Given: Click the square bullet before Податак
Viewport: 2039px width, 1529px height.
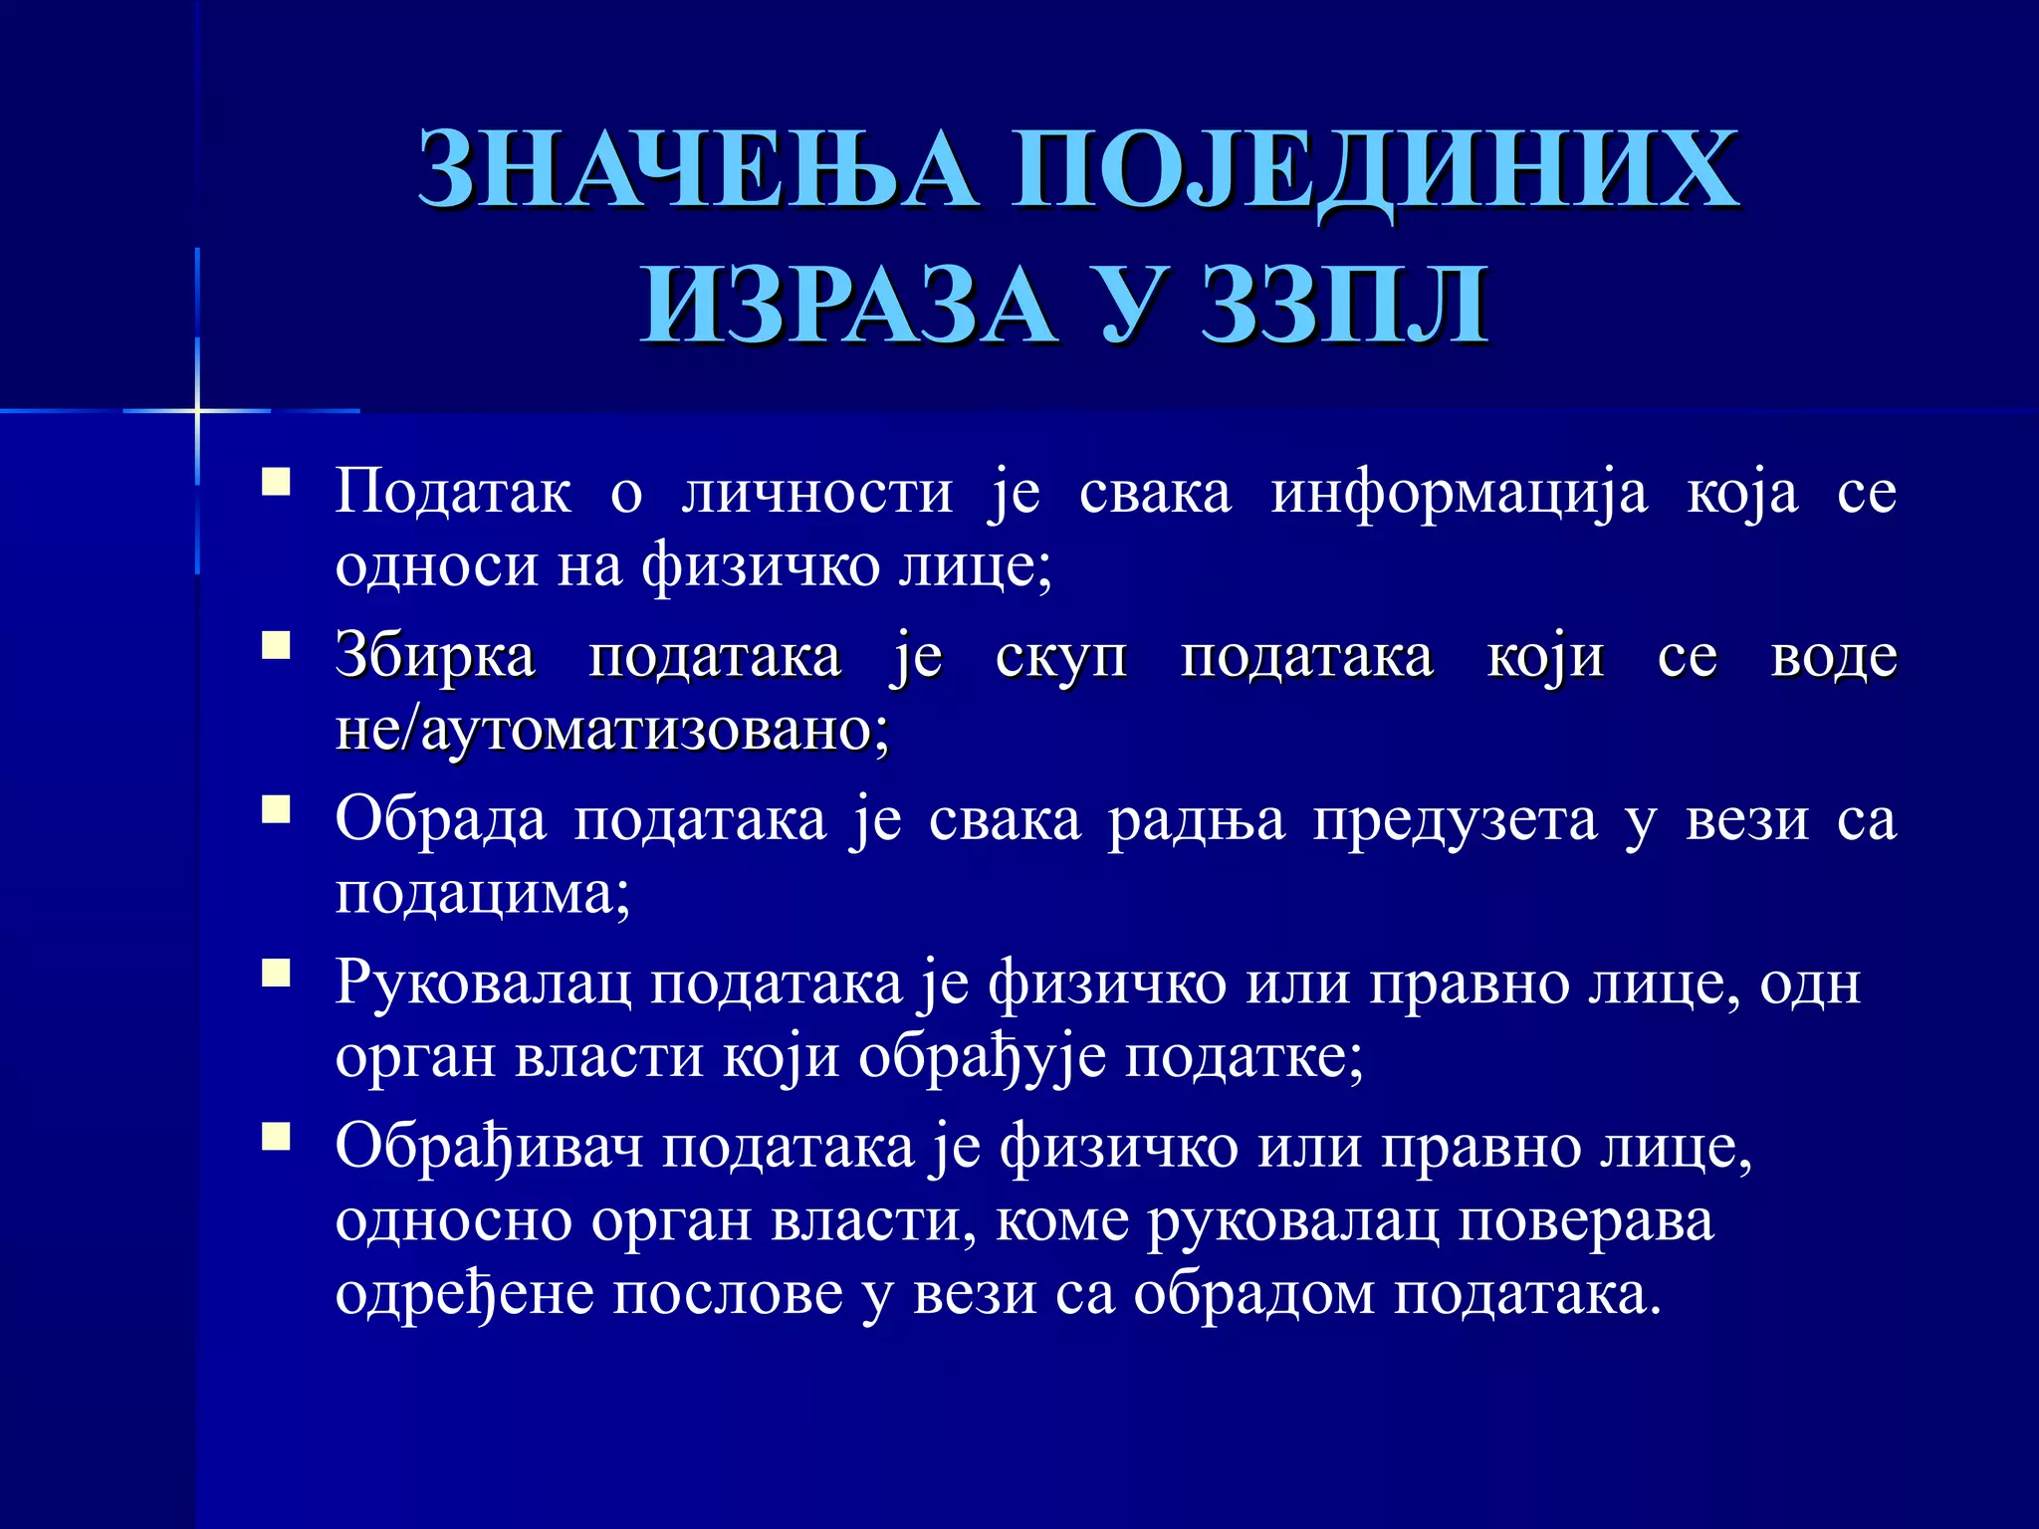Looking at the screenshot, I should coord(276,483).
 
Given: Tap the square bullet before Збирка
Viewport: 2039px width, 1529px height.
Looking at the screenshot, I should coord(276,646).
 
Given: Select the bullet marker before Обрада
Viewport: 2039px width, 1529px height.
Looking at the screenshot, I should coord(276,809).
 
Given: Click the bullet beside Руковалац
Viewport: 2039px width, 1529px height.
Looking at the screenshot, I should coord(276,973).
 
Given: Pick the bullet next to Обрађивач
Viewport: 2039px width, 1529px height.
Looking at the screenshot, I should coord(276,1136).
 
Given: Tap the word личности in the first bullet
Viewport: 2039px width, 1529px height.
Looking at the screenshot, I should coord(816,492).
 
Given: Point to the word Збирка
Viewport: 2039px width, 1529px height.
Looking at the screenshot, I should coord(435,657).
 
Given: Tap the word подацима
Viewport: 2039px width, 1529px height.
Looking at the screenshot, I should coord(482,894).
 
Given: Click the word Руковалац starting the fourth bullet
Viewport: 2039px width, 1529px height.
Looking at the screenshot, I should coord(483,983).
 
